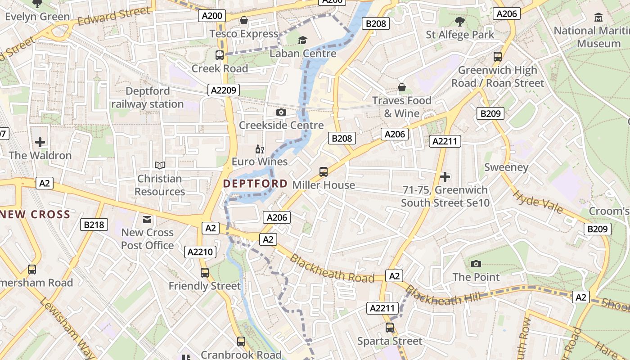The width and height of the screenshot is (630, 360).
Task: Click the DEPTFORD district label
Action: [x=255, y=184]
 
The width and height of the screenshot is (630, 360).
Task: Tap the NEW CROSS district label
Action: [x=35, y=214]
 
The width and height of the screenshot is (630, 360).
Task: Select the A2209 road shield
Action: [x=224, y=90]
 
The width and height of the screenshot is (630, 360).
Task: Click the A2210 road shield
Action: [x=200, y=252]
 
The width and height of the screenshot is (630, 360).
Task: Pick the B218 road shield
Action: [x=94, y=225]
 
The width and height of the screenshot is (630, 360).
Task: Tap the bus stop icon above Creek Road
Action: [x=220, y=55]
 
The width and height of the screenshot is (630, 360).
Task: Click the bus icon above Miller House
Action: [x=324, y=171]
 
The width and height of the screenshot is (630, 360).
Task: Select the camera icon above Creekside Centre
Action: [x=281, y=112]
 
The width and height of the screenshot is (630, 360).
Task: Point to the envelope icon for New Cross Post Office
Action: [x=147, y=219]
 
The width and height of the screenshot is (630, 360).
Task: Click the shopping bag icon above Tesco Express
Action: [x=244, y=20]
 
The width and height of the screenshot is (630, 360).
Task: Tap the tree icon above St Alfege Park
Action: [x=460, y=21]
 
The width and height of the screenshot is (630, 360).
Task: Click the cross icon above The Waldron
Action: [x=40, y=142]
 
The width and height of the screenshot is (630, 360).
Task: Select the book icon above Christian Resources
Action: [x=159, y=165]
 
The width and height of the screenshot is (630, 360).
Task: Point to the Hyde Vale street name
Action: [x=538, y=202]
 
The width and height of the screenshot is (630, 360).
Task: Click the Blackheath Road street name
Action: [x=332, y=269]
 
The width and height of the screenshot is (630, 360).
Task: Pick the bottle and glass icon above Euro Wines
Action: [x=259, y=149]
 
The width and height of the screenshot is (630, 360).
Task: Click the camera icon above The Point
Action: [x=476, y=264]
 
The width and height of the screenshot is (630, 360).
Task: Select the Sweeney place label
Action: [x=506, y=167]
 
